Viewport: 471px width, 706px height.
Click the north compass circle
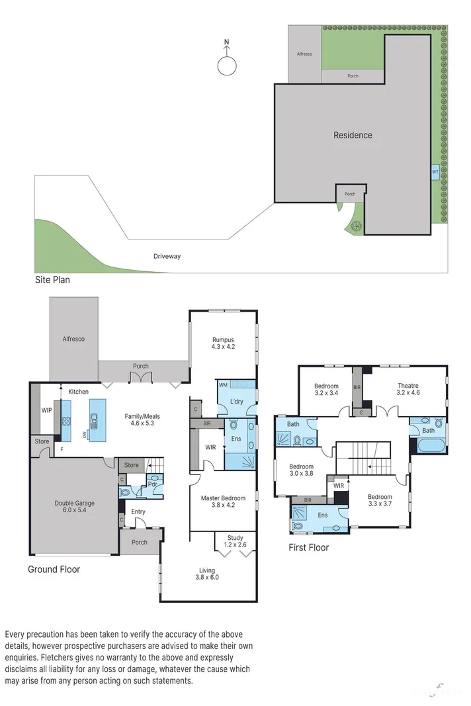click(226, 65)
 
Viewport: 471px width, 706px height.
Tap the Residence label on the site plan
click(353, 135)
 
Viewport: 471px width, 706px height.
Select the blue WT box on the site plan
click(435, 171)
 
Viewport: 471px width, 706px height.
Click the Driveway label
click(167, 256)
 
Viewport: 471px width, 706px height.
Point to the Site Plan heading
click(52, 280)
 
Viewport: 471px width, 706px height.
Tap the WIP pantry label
click(46, 410)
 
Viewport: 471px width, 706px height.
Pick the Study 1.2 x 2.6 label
click(235, 541)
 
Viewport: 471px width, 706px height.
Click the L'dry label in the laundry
click(236, 402)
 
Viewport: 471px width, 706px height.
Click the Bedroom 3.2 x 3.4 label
click(326, 390)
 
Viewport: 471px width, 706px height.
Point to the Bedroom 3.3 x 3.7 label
click(380, 500)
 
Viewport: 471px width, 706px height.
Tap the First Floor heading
click(308, 548)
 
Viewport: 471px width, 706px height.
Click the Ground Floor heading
click(54, 568)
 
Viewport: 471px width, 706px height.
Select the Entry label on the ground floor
click(138, 511)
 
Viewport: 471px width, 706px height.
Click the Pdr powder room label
click(151, 484)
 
